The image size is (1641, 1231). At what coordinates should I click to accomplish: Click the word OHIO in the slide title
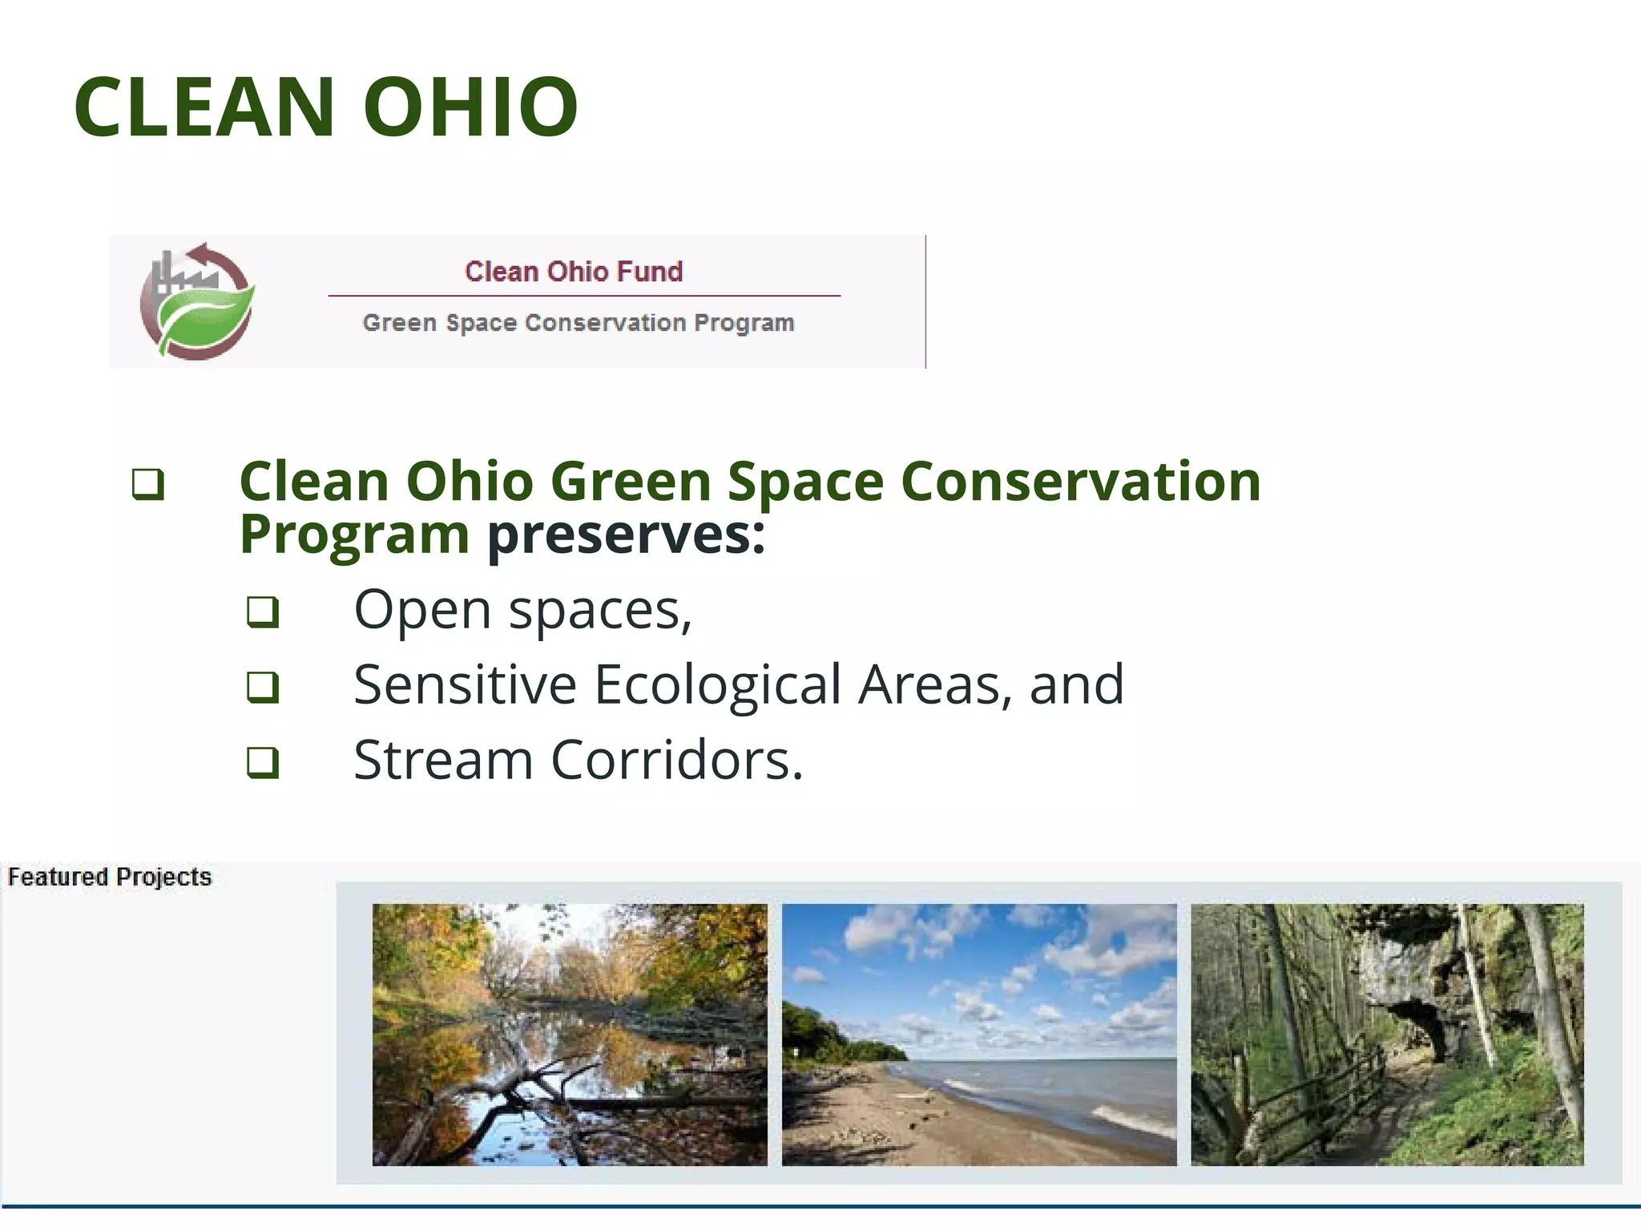click(470, 107)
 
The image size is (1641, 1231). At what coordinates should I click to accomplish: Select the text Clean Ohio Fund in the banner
click(574, 272)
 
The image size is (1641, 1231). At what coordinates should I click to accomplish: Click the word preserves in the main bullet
click(625, 535)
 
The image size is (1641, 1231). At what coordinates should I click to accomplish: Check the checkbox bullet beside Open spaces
click(263, 612)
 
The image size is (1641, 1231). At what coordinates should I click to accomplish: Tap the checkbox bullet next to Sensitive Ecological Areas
click(263, 687)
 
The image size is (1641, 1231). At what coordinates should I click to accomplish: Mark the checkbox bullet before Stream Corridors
click(263, 762)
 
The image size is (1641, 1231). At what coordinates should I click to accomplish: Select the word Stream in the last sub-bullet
click(443, 760)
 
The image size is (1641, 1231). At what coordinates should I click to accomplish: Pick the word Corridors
click(675, 760)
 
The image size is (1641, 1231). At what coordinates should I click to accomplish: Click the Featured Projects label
click(110, 877)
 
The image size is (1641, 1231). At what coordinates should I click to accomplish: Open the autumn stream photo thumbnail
click(570, 1035)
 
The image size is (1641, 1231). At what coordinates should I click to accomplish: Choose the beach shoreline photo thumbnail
click(979, 1035)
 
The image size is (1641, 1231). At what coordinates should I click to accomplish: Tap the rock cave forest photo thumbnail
click(1387, 1035)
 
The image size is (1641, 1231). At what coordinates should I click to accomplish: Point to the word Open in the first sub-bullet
click(422, 611)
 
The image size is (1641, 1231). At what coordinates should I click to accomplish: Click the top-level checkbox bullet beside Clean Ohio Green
click(148, 485)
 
